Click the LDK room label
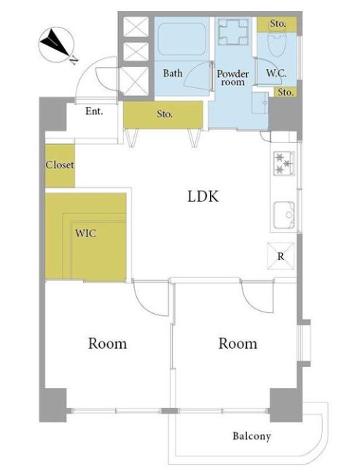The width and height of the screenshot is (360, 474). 203,197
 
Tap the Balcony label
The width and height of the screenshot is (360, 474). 251,436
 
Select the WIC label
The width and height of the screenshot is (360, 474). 85,234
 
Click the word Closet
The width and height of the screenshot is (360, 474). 60,165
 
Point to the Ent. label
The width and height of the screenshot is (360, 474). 94,111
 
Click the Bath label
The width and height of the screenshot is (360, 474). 173,73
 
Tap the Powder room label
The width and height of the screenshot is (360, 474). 233,78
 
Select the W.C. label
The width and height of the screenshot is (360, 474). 276,73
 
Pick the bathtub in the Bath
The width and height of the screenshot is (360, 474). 182,39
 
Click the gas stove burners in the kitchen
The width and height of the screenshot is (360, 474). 283,163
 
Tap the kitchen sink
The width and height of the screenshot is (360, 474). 283,216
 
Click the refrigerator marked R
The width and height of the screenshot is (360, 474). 281,256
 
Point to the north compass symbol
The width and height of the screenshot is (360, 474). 57,44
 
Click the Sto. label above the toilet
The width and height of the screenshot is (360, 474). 278,23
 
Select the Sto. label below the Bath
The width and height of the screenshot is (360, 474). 165,114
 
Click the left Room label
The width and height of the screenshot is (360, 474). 107,344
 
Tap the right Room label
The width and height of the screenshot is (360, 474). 238,344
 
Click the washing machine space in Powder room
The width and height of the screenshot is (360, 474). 233,31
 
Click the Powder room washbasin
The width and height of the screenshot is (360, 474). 260,103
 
